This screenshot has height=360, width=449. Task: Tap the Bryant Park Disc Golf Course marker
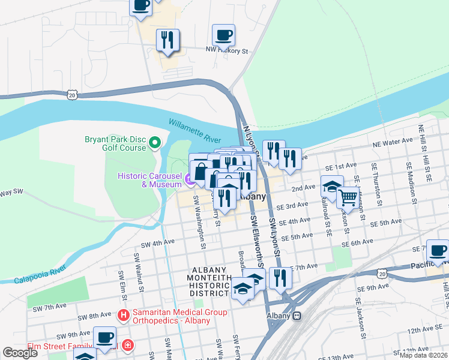(155, 142)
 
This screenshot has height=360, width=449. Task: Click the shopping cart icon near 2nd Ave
(348, 197)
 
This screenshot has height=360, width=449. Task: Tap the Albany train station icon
(296, 316)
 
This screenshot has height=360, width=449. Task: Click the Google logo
(20, 353)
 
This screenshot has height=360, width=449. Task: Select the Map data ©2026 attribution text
(423, 355)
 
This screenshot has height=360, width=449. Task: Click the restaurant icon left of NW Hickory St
(167, 40)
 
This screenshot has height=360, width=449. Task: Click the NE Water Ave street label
(393, 143)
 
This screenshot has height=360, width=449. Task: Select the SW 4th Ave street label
(157, 244)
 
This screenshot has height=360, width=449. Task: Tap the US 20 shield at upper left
(72, 95)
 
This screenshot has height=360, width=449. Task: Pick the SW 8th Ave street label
(95, 315)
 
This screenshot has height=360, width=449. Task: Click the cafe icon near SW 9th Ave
(105, 338)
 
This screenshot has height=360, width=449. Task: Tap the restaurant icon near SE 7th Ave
(280, 278)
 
